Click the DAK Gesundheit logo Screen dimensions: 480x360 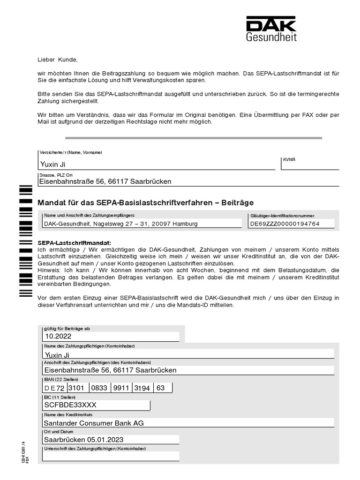(x=271, y=29)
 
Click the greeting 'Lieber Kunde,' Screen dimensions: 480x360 (x=57, y=60)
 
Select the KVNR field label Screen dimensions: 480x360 (x=289, y=159)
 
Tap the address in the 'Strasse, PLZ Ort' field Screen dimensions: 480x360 (x=105, y=181)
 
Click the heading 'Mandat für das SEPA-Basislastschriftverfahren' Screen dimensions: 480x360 (x=145, y=202)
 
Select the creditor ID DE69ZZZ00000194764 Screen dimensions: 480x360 (x=285, y=224)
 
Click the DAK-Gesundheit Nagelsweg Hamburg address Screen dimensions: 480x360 (x=120, y=224)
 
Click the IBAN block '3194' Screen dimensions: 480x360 (x=143, y=388)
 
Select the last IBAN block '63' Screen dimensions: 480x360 (x=161, y=388)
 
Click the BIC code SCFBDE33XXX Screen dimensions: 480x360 (x=70, y=405)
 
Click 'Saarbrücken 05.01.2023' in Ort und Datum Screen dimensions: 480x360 (x=83, y=440)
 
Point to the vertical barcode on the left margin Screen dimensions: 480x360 (x=25, y=241)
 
